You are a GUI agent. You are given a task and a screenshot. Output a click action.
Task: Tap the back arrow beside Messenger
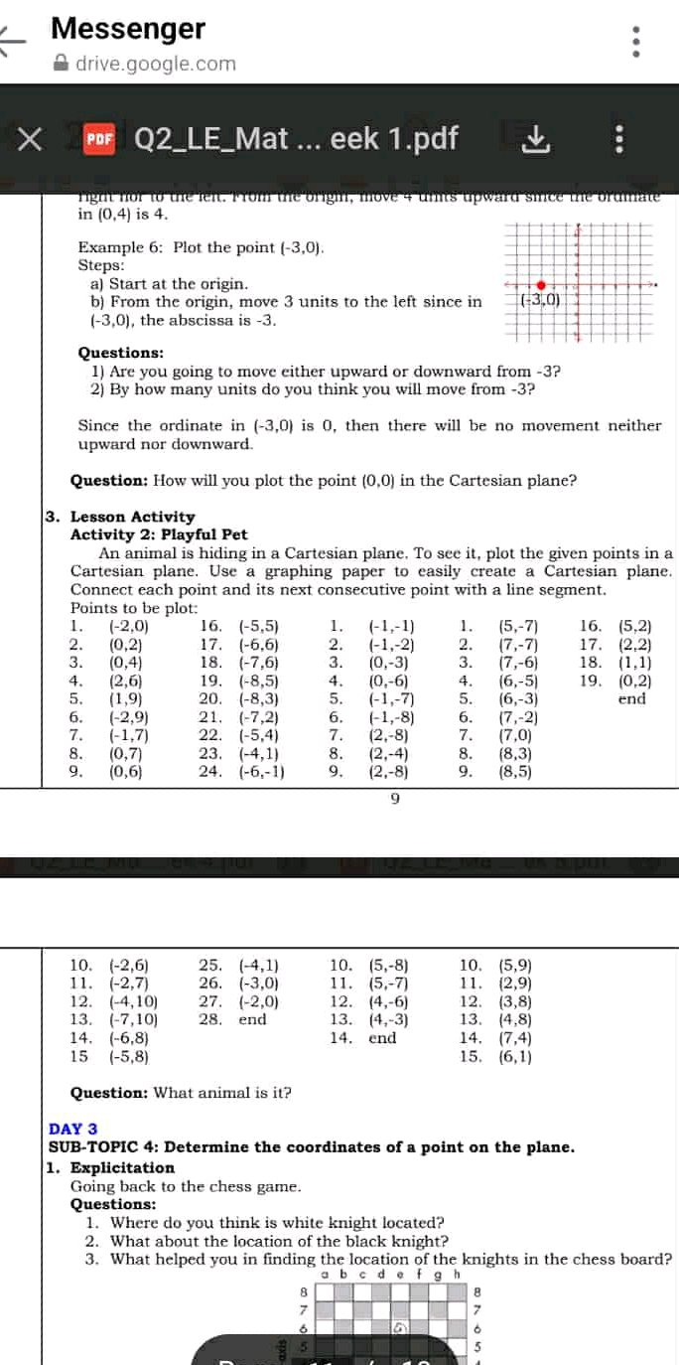(13, 43)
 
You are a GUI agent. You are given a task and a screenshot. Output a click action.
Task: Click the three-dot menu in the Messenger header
(637, 43)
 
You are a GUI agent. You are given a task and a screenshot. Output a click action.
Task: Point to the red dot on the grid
(541, 284)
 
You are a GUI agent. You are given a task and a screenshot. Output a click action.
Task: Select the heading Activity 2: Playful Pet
(159, 534)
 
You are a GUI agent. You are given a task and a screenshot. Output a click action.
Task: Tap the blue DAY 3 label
(73, 1129)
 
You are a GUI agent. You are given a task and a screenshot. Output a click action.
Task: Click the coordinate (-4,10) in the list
(133, 1000)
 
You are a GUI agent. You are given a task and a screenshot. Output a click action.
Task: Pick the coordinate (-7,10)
(133, 1019)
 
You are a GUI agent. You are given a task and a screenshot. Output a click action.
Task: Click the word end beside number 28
(253, 1019)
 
